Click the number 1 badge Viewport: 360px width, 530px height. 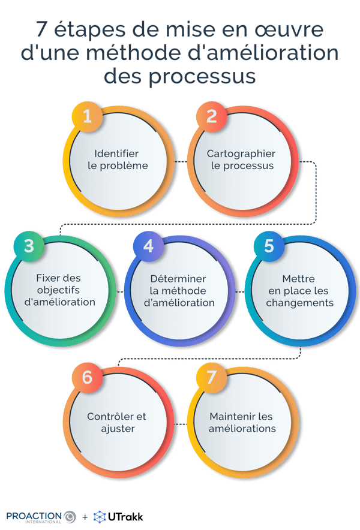(x=88, y=117)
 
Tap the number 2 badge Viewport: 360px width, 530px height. (x=211, y=117)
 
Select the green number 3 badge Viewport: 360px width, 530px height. (x=29, y=246)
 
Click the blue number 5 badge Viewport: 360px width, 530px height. (x=269, y=246)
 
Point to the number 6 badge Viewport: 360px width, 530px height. (x=88, y=377)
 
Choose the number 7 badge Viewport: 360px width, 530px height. (x=211, y=377)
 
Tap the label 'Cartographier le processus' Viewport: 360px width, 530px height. (x=241, y=159)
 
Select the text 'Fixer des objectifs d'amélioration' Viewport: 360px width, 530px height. (x=59, y=290)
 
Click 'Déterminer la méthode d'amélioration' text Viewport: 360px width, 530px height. (x=179, y=291)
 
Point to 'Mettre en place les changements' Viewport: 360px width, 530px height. (x=299, y=291)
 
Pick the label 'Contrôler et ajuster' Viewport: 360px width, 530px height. (x=116, y=422)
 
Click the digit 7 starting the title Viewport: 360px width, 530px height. (x=41, y=30)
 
